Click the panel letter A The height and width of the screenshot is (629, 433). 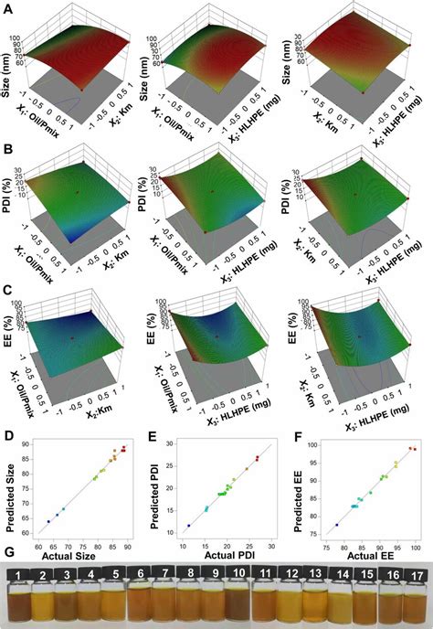[x=6, y=8]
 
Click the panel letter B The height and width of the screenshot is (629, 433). [x=6, y=145]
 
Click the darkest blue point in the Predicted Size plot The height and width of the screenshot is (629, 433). [x=48, y=521]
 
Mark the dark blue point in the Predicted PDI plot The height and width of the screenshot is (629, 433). [x=189, y=526]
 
